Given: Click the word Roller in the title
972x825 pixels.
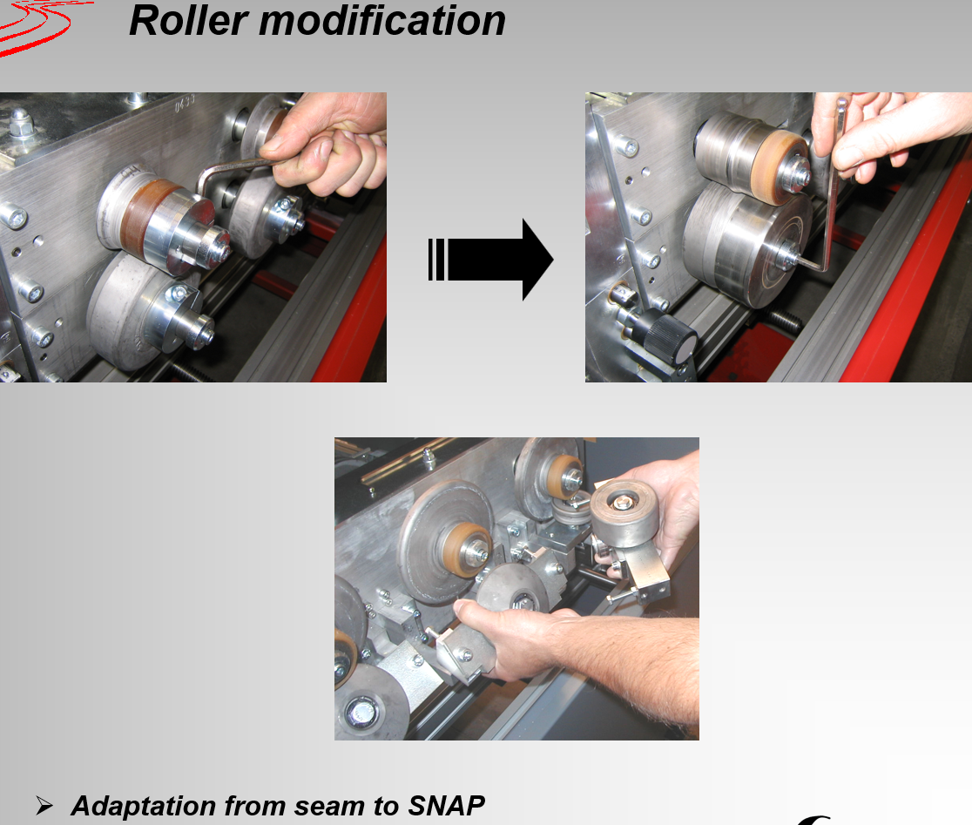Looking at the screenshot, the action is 189,21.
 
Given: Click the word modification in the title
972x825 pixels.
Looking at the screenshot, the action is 382,21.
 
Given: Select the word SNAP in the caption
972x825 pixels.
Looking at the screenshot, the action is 446,806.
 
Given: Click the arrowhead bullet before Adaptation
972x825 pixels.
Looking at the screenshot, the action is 44,805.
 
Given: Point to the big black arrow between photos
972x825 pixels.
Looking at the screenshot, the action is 490,260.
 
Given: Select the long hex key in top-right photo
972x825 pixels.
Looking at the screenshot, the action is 831,186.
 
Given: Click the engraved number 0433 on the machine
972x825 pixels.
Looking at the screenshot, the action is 185,103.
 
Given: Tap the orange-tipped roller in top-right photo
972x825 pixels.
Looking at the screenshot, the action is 753,158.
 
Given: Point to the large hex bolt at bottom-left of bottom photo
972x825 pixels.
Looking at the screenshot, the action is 361,713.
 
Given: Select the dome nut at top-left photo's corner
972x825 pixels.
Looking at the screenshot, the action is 20,122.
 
